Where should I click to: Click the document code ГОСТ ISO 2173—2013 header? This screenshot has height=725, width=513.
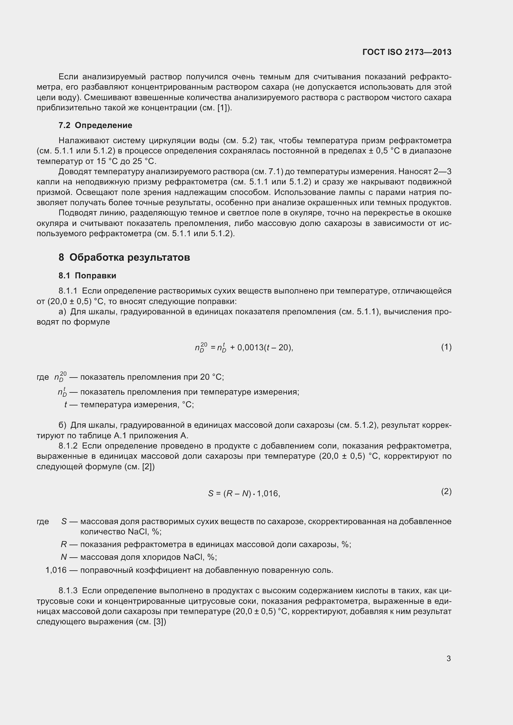click(x=407, y=52)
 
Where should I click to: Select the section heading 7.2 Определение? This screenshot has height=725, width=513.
click(x=95, y=125)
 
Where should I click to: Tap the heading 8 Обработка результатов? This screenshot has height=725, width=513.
click(x=124, y=257)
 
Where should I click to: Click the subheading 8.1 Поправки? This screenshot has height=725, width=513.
click(x=87, y=276)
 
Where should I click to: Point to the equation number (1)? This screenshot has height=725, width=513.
click(x=446, y=347)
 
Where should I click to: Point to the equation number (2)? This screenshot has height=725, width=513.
click(x=446, y=491)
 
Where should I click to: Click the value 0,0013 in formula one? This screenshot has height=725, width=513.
click(x=250, y=348)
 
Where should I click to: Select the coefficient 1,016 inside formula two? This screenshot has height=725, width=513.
click(x=268, y=493)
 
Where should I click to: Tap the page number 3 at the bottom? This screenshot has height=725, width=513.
click(x=448, y=658)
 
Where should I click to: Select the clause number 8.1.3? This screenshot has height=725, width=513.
click(x=68, y=590)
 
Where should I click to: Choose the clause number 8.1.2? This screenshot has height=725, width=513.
click(x=68, y=446)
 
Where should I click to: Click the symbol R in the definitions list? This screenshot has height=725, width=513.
click(x=64, y=544)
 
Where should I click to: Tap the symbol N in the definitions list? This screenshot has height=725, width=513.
click(x=64, y=557)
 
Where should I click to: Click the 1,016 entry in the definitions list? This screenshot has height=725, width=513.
click(x=56, y=570)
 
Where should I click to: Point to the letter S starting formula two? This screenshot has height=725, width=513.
click(x=211, y=493)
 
